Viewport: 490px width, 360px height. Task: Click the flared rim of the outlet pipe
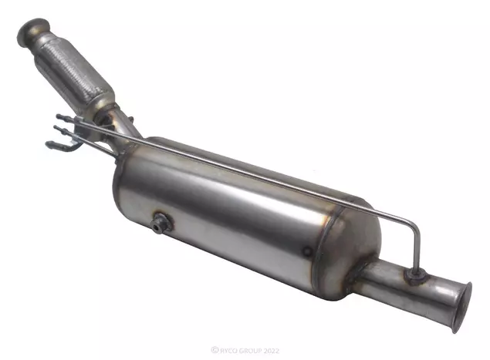pyautogui.click(x=462, y=307)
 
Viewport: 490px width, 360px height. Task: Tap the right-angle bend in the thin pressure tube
pyautogui.click(x=415, y=224)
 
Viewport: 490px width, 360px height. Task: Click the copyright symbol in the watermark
pyautogui.click(x=215, y=350)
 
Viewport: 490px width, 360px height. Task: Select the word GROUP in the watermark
pyautogui.click(x=250, y=351)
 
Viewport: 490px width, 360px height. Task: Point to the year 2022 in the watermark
pyautogui.click(x=272, y=351)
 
